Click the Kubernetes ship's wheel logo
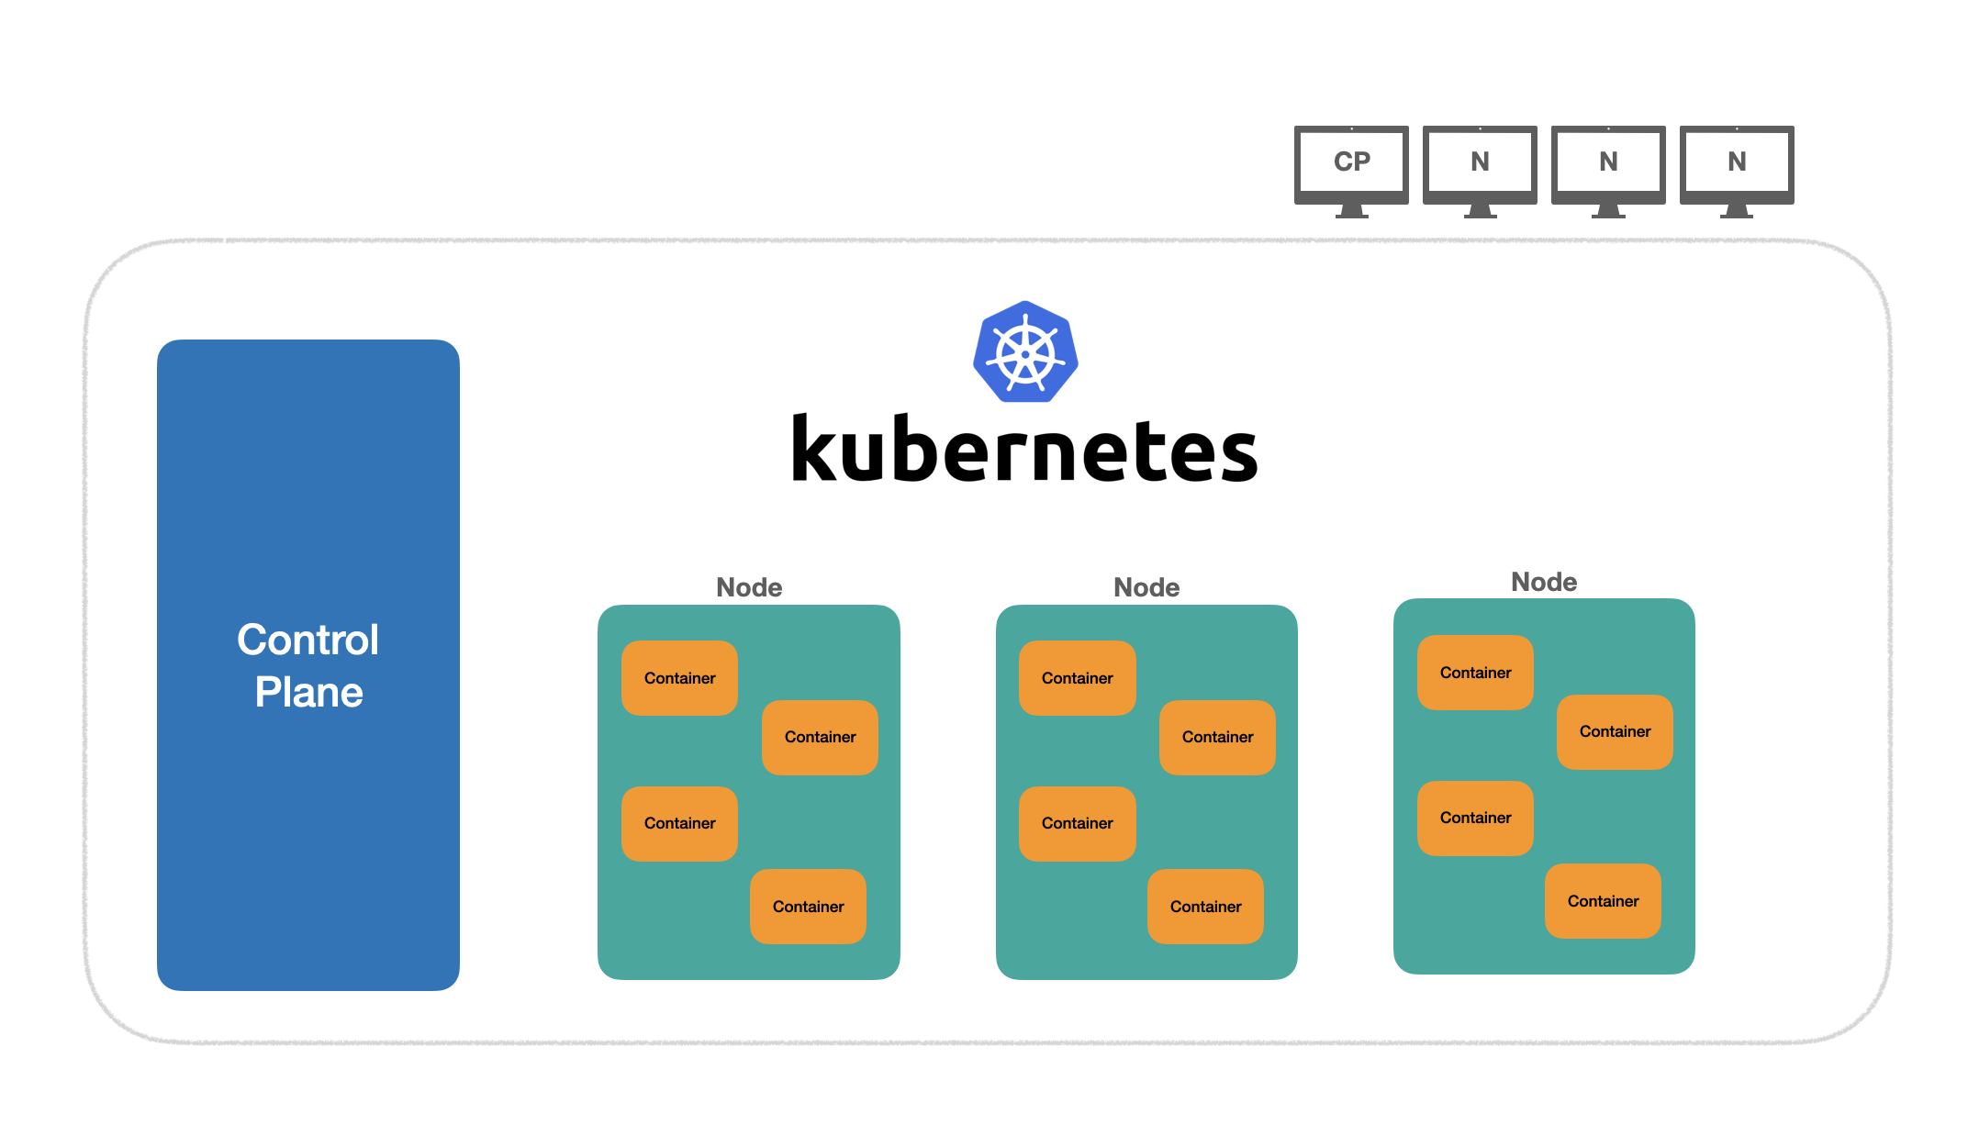[1025, 352]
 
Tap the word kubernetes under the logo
[1024, 450]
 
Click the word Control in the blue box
[307, 640]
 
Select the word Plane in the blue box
[308, 692]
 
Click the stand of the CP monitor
[1351, 211]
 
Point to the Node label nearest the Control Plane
[749, 587]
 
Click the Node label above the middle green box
[1146, 587]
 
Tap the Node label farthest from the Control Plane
[1544, 582]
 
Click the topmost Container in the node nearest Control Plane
[679, 678]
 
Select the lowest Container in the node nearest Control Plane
[808, 907]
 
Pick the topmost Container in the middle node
[1077, 678]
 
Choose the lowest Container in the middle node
[1205, 907]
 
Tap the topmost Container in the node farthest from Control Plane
[1475, 673]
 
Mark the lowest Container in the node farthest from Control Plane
[1603, 901]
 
